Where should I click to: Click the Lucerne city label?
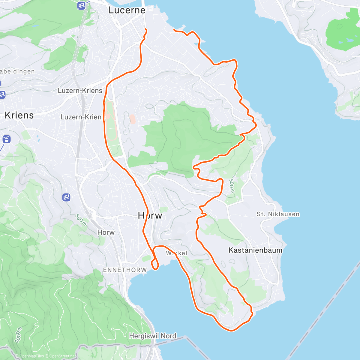[x=127, y=10]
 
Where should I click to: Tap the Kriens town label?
[x=19, y=115]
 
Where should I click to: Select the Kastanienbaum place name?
[x=255, y=250]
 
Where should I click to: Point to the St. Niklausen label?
[x=278, y=214]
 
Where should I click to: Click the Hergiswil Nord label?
[x=152, y=336]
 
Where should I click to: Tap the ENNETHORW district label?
[x=125, y=270]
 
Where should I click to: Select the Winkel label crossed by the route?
[x=176, y=253]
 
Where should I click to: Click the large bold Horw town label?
[x=150, y=215]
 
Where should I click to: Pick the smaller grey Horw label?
[x=106, y=232]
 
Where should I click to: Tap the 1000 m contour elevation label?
[x=18, y=335]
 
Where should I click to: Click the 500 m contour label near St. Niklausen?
[x=232, y=186]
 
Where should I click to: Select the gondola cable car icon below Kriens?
[x=7, y=139]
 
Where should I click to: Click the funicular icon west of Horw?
[x=66, y=197]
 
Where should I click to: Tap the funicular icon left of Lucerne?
[x=81, y=5]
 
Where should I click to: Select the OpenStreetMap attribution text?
[x=62, y=356]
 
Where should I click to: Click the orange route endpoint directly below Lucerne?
[x=146, y=29]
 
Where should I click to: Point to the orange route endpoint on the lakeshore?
[x=174, y=30]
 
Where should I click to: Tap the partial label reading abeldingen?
[x=17, y=71]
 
